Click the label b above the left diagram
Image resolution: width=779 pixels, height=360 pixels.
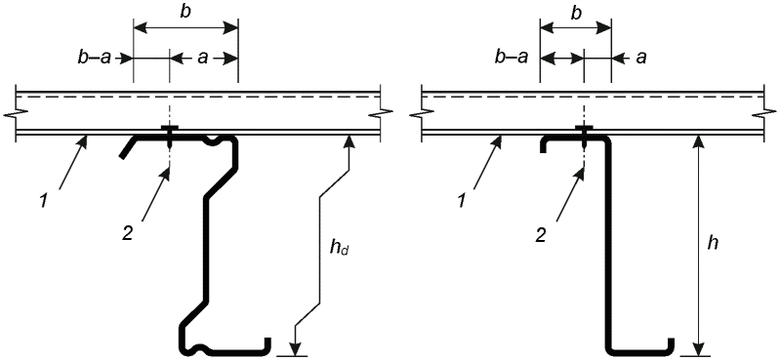(x=185, y=13)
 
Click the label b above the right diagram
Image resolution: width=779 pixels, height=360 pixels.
(x=576, y=13)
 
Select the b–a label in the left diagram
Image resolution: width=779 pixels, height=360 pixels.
(x=95, y=59)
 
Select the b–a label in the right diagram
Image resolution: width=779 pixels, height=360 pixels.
(x=512, y=59)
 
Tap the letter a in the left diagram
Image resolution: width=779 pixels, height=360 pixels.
(x=202, y=59)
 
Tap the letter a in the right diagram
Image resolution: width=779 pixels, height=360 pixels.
(x=641, y=59)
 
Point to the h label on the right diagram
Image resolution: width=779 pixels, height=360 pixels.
(x=713, y=243)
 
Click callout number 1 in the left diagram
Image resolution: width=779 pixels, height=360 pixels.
(x=44, y=201)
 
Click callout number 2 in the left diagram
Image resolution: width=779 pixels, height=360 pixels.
(x=127, y=233)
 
